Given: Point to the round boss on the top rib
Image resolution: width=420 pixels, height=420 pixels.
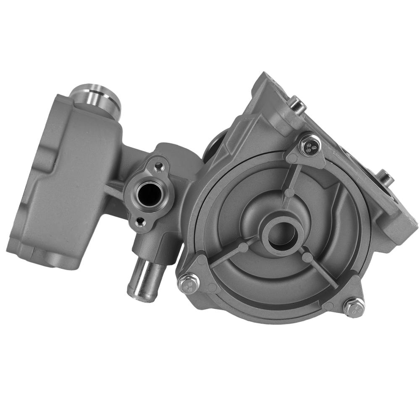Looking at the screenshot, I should [x=289, y=193].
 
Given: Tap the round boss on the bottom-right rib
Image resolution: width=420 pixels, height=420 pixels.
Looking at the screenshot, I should [x=308, y=257].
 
